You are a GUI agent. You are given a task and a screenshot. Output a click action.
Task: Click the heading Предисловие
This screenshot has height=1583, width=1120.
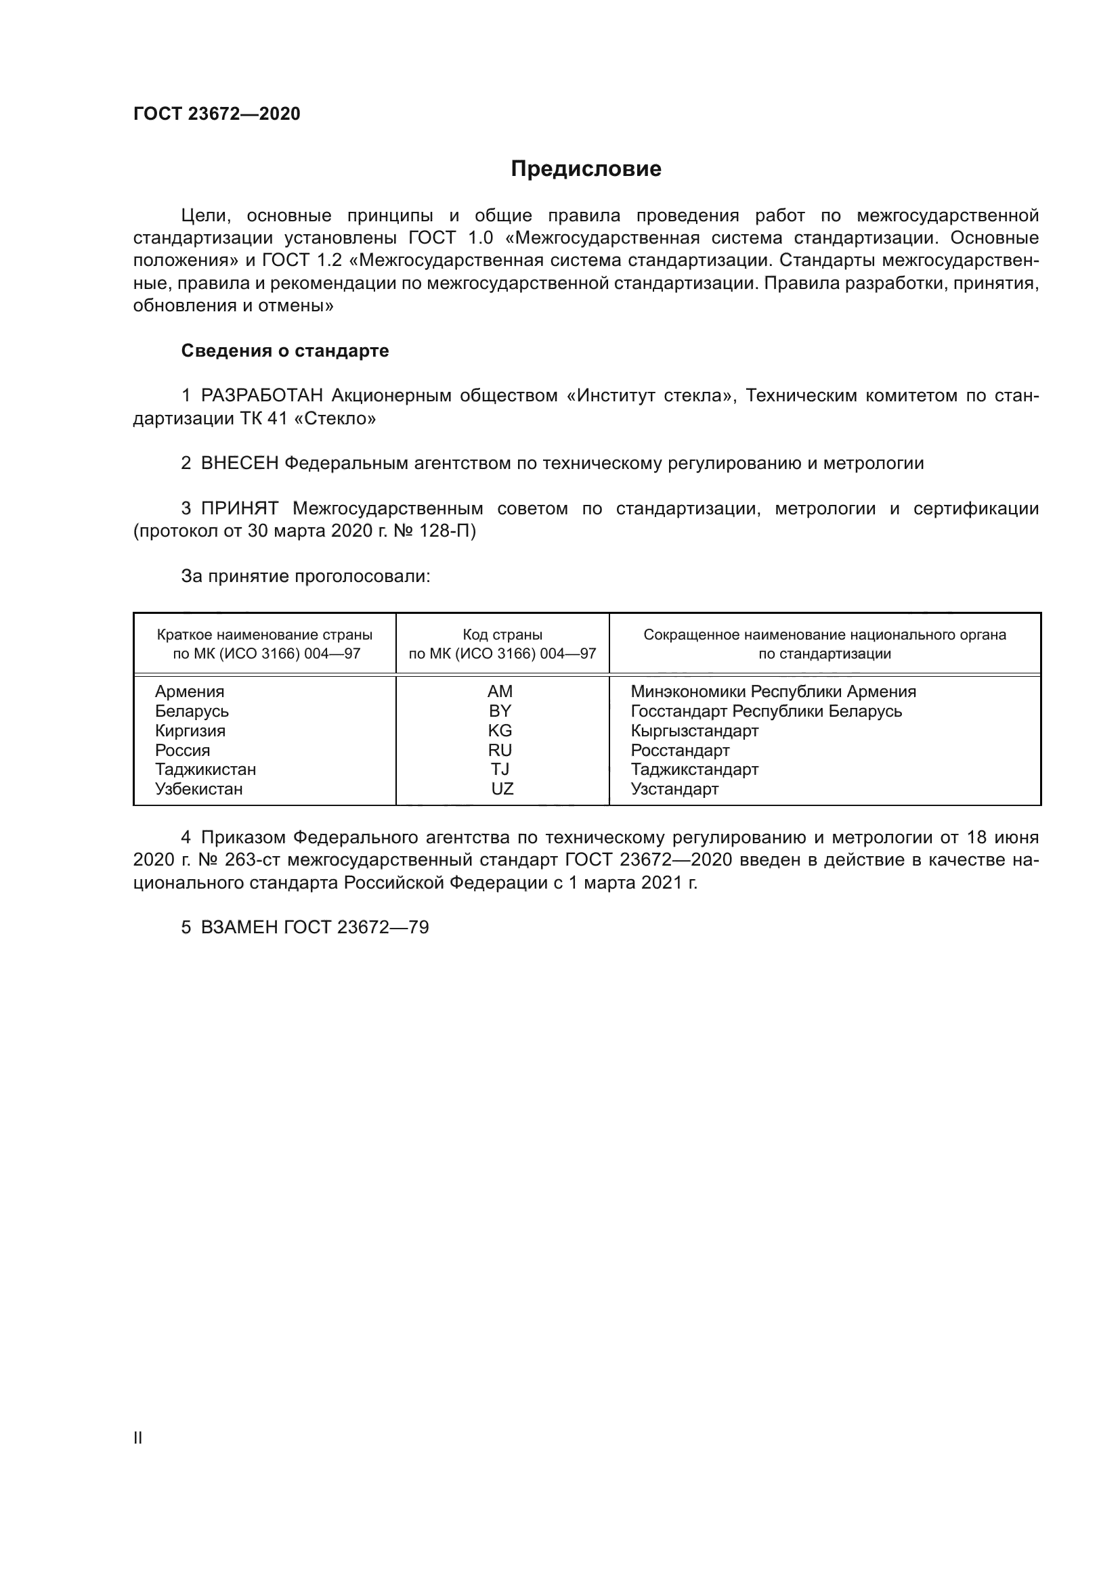[x=586, y=169]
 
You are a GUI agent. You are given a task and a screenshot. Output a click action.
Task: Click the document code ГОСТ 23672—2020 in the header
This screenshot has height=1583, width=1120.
[x=217, y=114]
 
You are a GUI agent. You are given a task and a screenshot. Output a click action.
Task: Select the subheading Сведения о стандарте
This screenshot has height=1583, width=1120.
[x=285, y=351]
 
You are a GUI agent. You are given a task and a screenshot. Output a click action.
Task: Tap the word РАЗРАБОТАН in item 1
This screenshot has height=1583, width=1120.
[x=261, y=396]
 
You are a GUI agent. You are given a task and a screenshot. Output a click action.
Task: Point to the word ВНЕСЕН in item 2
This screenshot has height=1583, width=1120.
[x=239, y=464]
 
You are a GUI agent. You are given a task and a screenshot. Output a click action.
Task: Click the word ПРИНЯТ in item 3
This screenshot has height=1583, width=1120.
[x=239, y=509]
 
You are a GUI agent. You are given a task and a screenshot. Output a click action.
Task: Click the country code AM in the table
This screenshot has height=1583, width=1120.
[x=500, y=692]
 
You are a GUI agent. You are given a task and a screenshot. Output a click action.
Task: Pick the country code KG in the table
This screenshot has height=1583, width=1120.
[x=500, y=730]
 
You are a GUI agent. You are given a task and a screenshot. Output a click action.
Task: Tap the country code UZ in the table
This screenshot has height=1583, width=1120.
[x=502, y=788]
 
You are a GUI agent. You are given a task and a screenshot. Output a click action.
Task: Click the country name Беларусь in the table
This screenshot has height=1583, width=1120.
[x=192, y=711]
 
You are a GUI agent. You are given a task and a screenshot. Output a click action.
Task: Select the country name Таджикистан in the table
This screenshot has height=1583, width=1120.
[x=206, y=770]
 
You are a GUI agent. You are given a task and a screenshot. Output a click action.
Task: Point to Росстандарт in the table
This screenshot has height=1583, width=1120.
[x=680, y=750]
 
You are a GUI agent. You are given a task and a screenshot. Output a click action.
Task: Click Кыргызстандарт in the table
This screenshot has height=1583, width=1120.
[x=695, y=730]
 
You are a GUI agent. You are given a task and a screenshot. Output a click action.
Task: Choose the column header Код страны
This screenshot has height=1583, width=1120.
[x=502, y=634]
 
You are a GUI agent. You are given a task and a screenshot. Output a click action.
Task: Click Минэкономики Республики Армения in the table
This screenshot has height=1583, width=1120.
[x=773, y=692]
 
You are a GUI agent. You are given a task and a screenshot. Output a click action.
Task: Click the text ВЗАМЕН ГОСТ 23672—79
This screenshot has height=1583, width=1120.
[x=314, y=927]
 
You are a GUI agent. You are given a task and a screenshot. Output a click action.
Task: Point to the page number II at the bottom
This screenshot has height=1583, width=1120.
[x=138, y=1437]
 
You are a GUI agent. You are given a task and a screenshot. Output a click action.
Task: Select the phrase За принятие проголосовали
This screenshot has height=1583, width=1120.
[x=305, y=577]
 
